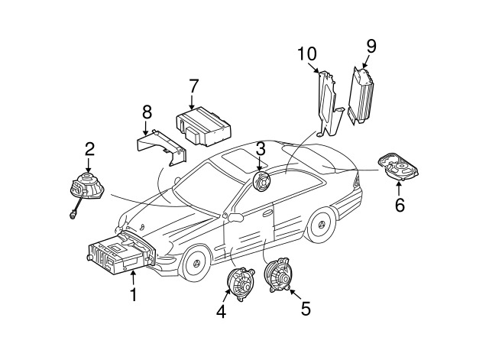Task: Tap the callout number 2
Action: pos(89,148)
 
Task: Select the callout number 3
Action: pos(261,148)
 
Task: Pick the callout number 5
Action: pos(306,309)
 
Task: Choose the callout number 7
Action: pos(194,85)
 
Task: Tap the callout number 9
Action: pos(371,45)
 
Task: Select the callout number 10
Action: pos(306,54)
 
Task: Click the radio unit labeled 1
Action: pos(118,256)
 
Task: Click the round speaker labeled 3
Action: pos(262,183)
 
